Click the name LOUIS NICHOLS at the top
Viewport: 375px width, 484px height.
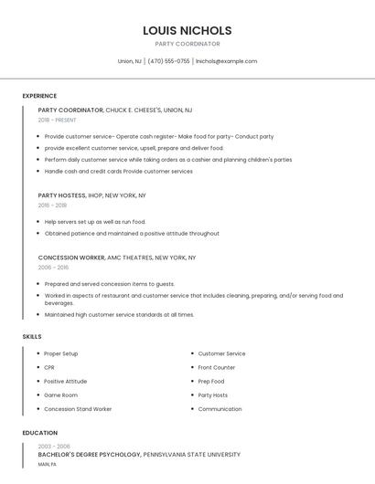coord(187,30)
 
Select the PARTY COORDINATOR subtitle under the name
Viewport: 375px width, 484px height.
coord(187,44)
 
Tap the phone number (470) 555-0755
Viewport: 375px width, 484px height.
coord(168,61)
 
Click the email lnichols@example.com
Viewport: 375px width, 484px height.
coord(226,61)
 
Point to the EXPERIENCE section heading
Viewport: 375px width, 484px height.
coord(39,96)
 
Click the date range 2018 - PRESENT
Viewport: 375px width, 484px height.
coord(58,120)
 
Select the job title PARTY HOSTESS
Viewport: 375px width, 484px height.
coord(61,195)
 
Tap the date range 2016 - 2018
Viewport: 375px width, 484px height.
coord(53,205)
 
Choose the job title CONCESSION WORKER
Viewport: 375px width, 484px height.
coord(71,258)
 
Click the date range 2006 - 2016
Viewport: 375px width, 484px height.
coord(53,268)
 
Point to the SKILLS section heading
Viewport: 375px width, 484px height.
coord(32,337)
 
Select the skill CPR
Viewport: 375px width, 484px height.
coord(49,367)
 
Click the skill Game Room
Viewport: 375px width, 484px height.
coord(60,395)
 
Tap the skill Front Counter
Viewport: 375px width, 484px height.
coord(217,367)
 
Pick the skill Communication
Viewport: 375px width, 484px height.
coord(220,409)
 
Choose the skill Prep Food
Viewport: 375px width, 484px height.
coord(211,381)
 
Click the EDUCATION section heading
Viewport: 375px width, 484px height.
coord(40,433)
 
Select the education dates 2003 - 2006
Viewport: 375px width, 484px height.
coord(54,446)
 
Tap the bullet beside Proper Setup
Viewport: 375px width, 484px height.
coord(37,353)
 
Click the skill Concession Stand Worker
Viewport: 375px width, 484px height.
coord(78,409)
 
